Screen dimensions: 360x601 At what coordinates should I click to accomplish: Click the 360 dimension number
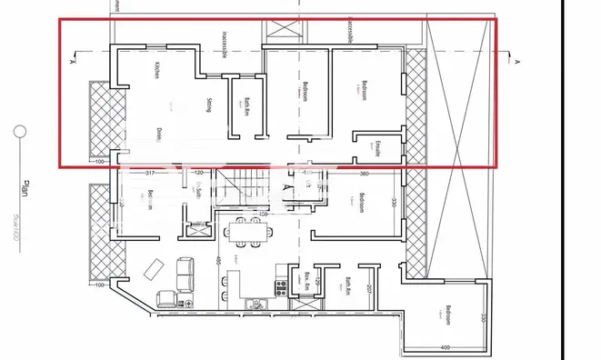click(363, 173)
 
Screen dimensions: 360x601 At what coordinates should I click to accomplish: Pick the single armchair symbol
click(166, 298)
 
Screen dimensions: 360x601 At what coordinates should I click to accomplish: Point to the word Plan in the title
click(25, 189)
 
